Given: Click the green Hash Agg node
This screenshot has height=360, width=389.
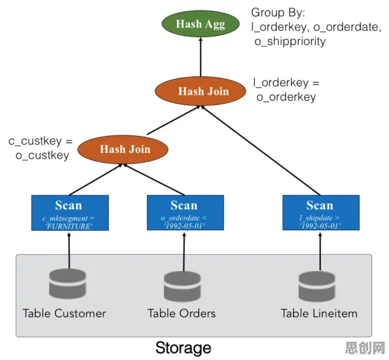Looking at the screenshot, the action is pyautogui.click(x=200, y=24).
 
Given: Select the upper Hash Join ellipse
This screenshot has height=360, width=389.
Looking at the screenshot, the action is pyautogui.click(x=200, y=91).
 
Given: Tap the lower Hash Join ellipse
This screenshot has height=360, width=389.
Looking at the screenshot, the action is pyautogui.click(x=123, y=149).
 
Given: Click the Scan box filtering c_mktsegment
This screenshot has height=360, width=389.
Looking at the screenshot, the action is pyautogui.click(x=70, y=213).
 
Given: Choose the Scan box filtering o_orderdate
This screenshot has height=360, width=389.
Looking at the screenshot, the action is pyautogui.click(x=185, y=212).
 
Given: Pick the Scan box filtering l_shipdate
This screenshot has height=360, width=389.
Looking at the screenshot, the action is pyautogui.click(x=321, y=212).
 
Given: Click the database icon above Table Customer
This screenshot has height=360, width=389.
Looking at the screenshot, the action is pyautogui.click(x=67, y=284).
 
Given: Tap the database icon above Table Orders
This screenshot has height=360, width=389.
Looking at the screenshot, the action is pyautogui.click(x=182, y=286).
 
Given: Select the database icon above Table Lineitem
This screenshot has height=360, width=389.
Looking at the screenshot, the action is pyautogui.click(x=317, y=286).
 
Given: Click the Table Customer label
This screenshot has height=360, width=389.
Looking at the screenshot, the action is pyautogui.click(x=64, y=314).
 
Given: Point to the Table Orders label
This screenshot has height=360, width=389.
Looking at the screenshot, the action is pyautogui.click(x=181, y=314).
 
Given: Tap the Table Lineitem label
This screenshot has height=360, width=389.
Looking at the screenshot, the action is pyautogui.click(x=319, y=314).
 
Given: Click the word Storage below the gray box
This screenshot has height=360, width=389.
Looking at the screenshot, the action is pyautogui.click(x=183, y=348).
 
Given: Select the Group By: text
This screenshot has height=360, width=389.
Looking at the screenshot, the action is pyautogui.click(x=278, y=12).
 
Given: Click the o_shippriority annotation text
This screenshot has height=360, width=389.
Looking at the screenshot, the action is pyautogui.click(x=290, y=41).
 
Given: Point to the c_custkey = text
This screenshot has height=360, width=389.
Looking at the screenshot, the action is pyautogui.click(x=40, y=141).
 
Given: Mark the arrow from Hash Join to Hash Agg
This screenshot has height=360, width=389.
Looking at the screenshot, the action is pyautogui.click(x=201, y=57).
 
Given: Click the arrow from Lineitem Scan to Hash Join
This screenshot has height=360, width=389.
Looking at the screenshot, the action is pyautogui.click(x=260, y=150).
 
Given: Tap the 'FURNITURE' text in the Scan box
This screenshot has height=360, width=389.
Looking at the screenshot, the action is pyautogui.click(x=69, y=227).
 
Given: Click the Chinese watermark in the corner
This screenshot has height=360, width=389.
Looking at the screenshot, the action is pyautogui.click(x=366, y=348).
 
